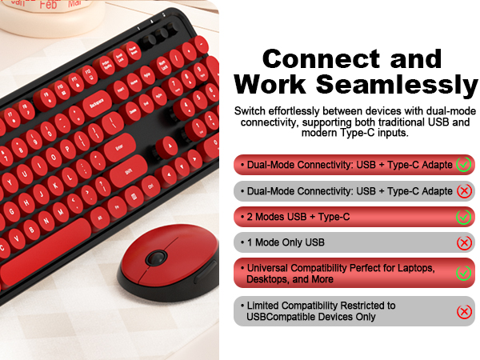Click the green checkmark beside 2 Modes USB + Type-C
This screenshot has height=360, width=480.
[463, 217]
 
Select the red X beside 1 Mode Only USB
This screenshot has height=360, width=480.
[463, 242]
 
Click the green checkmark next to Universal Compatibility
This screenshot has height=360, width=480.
[463, 274]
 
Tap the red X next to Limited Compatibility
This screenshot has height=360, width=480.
[463, 311]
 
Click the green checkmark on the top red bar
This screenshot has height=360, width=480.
[463, 165]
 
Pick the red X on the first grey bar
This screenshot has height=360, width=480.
[463, 191]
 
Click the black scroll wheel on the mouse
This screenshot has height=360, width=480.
[157, 258]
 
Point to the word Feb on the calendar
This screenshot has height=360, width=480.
[49, 3]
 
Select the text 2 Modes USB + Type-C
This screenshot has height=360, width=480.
[298, 217]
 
